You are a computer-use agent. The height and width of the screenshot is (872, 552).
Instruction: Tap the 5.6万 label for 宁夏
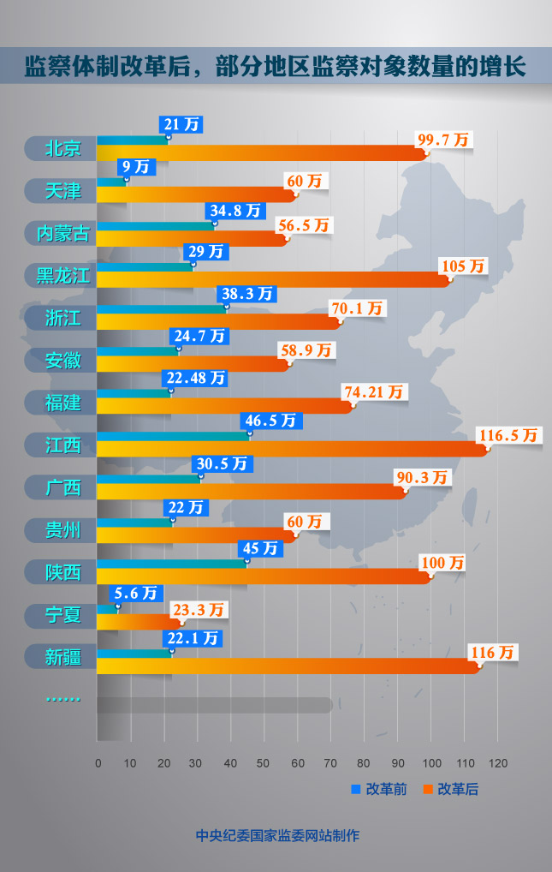pos(137,593)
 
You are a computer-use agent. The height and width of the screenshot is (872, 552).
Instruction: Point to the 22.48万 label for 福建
pos(194,378)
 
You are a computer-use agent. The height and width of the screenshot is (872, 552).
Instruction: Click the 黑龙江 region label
pos(62,275)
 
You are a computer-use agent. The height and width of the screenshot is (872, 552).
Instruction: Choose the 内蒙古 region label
pos(62,233)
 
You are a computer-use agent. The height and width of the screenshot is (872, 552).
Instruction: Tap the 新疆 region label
pos(62,657)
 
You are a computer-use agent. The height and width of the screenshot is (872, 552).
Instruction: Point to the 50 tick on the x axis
pos(264,763)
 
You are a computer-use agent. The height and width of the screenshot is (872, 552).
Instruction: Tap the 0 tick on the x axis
pos(98,763)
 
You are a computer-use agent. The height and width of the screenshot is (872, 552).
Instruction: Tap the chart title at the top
pos(276,66)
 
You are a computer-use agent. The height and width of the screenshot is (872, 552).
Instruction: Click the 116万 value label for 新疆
pos(494,653)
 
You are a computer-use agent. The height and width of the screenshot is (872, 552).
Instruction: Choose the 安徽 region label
pos(62,360)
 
